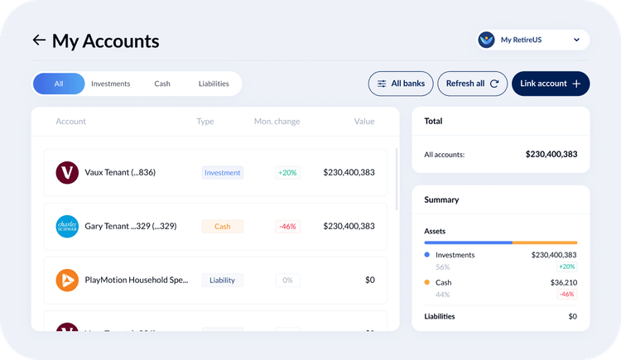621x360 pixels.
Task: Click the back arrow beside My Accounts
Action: pos(38,40)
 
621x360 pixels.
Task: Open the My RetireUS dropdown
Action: pos(533,40)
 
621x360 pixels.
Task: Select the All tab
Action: pos(59,84)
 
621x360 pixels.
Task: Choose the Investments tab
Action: pos(110,84)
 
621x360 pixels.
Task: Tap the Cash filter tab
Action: pos(162,84)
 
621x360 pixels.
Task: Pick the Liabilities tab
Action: pos(214,84)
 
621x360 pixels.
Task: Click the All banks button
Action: pos(401,84)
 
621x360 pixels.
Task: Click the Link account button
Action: pos(551,84)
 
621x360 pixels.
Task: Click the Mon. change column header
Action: pos(277,122)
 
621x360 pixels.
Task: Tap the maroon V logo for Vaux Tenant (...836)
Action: pos(67,173)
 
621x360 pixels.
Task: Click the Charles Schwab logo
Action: pos(67,226)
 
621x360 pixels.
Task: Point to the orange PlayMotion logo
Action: pos(67,280)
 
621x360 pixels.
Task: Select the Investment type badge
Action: pos(222,173)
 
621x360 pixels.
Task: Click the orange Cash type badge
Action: pos(222,226)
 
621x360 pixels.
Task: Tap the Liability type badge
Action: pos(222,280)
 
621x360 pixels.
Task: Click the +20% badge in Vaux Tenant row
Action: pos(287,173)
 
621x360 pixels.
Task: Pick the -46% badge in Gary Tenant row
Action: pos(287,226)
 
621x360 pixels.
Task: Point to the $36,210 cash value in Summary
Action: pos(559,282)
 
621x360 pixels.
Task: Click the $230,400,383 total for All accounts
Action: pos(551,154)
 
